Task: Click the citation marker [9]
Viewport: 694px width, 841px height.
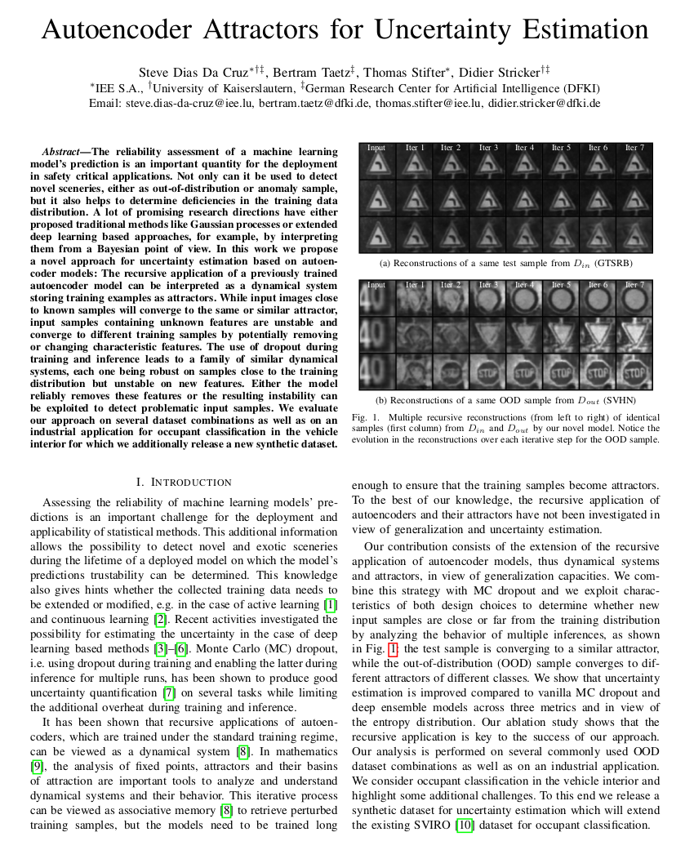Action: (x=37, y=766)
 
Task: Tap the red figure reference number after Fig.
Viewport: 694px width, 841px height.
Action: (x=394, y=649)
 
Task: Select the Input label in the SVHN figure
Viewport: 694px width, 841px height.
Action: (x=376, y=285)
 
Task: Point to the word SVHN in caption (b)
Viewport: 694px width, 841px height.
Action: (x=621, y=401)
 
